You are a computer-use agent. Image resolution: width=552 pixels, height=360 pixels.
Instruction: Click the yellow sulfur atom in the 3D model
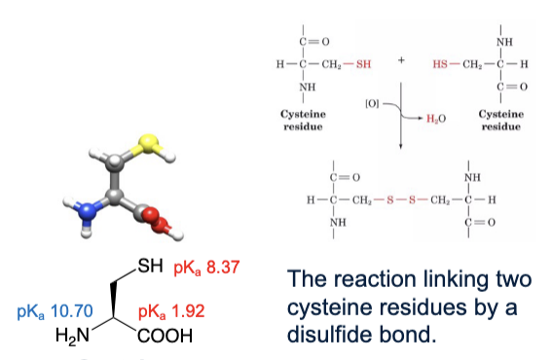[x=146, y=144]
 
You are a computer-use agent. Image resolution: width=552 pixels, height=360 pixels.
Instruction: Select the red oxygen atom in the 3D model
[x=156, y=214]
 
